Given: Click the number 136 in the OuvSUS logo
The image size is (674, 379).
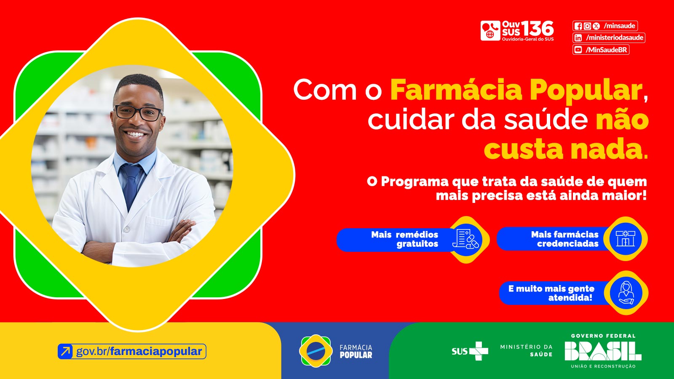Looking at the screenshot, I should point(538,29).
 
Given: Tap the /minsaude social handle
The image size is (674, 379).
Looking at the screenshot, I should point(619,26).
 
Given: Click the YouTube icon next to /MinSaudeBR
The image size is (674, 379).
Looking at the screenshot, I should point(578,50).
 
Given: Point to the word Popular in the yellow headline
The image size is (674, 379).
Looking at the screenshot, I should point(586,90).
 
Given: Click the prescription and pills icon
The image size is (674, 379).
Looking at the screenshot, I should point(466,239).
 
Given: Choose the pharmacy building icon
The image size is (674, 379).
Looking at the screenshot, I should point(626,239).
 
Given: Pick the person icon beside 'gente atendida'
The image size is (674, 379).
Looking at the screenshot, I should point(626,293).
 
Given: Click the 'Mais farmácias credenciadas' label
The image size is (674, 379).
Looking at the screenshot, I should point(564,239).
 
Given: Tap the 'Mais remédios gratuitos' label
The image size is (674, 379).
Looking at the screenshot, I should point(404,239).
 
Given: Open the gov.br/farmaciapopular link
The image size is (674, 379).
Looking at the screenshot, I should point(139,351).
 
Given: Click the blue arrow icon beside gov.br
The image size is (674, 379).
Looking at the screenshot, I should point(66,351).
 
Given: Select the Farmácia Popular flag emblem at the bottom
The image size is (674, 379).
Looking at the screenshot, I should point(315,351).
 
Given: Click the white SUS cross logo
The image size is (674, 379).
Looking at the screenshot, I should point(479,351).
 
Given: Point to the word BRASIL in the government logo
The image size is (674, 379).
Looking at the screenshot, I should point(603,351).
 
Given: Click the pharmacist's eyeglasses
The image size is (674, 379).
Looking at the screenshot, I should point(138,112).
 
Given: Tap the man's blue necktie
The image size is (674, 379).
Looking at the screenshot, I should point(131,185).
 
